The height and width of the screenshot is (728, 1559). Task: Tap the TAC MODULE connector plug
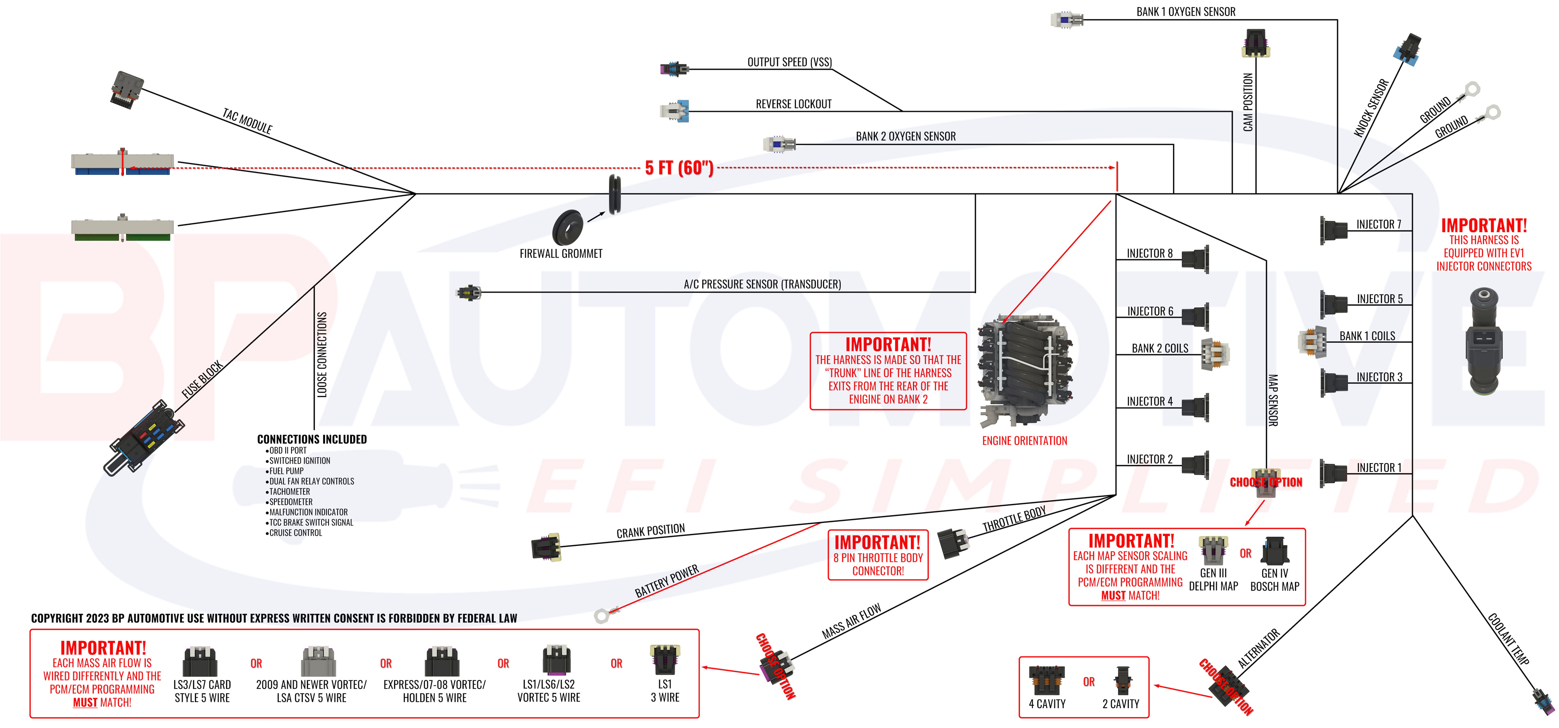click(x=126, y=90)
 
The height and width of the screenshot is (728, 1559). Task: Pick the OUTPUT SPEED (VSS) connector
click(x=674, y=69)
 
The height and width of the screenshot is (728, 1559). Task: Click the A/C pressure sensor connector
click(x=468, y=293)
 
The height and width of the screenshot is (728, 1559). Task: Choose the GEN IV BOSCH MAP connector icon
click(x=1275, y=551)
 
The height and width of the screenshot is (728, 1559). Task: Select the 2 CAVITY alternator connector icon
click(x=1122, y=681)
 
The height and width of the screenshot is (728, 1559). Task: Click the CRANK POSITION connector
click(x=546, y=547)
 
